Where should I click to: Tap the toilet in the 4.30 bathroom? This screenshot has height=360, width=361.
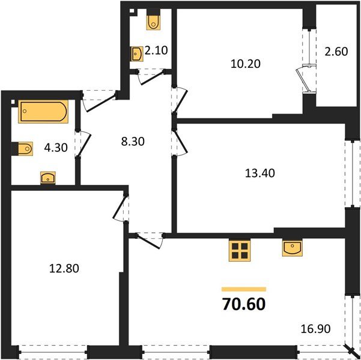(25, 148)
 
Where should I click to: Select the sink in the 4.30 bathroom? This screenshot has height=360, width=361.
(47, 178)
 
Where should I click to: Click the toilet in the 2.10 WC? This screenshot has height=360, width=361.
(153, 22)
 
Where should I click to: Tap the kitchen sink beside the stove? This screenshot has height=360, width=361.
(292, 248)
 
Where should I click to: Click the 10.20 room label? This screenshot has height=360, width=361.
(246, 62)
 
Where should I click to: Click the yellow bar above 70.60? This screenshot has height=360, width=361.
(243, 289)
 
